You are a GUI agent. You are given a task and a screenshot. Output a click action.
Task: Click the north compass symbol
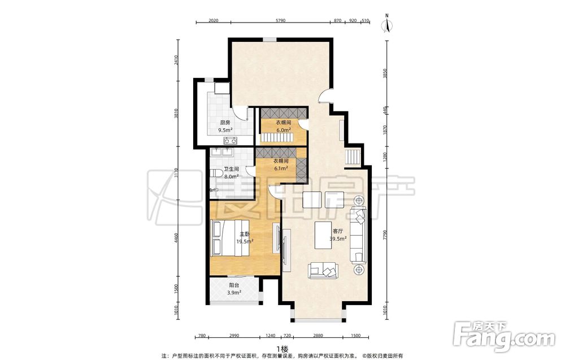(x=387, y=24)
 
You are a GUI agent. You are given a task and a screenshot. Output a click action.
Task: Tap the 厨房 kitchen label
(x=225, y=123)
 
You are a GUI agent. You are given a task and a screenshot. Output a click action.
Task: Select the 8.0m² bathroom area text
(x=231, y=176)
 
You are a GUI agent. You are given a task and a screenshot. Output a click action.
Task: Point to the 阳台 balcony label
(x=233, y=285)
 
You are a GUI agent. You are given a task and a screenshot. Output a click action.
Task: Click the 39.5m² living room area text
(x=338, y=238)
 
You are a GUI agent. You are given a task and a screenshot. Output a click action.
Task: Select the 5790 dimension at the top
(x=280, y=20)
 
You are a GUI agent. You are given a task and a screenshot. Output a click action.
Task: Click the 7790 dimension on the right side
(x=384, y=235)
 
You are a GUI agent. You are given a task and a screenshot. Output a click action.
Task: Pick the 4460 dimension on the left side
(x=176, y=238)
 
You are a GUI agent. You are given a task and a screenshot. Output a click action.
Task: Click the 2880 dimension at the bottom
(x=318, y=336)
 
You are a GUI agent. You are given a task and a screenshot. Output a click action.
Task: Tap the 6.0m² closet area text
(x=284, y=130)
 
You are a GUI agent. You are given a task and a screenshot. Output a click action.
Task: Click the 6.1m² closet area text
(x=281, y=168)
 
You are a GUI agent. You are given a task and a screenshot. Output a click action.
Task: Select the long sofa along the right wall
(x=359, y=235)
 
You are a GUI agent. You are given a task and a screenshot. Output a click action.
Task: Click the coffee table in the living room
(x=323, y=235)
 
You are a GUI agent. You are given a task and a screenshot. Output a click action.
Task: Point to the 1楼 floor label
(x=282, y=349)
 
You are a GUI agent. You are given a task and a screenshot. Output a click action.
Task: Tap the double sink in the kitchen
(x=230, y=140)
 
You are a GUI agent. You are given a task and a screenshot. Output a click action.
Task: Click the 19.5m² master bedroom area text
(x=244, y=241)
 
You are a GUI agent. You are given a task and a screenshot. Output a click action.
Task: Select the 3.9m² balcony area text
(x=234, y=293)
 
